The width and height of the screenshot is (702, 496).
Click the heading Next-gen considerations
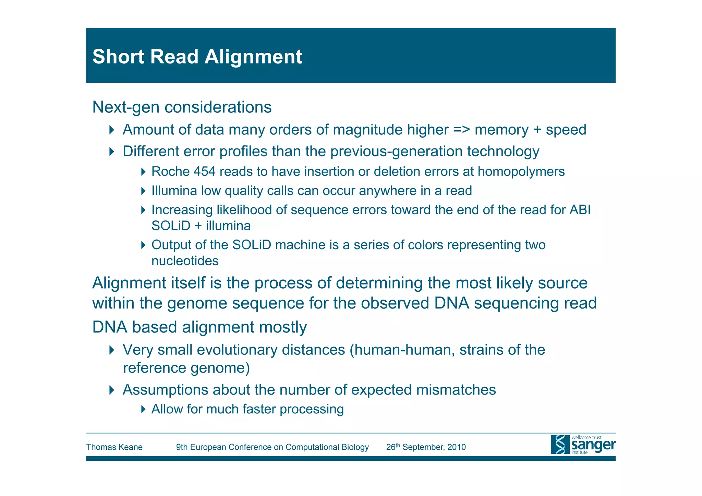coord(182,107)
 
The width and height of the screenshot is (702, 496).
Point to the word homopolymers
coord(521,171)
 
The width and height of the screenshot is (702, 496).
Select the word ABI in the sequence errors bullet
coord(580,210)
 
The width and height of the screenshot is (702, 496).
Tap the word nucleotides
coord(185,261)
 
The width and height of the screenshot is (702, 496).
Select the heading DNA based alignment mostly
coord(199,327)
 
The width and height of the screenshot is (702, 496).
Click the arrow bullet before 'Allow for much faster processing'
coord(143,409)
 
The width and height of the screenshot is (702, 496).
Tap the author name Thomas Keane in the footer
coord(114,447)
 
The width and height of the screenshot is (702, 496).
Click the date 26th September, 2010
coord(426,447)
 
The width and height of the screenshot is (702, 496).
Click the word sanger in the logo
coord(593,445)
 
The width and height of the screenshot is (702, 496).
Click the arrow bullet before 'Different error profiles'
coord(111,151)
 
